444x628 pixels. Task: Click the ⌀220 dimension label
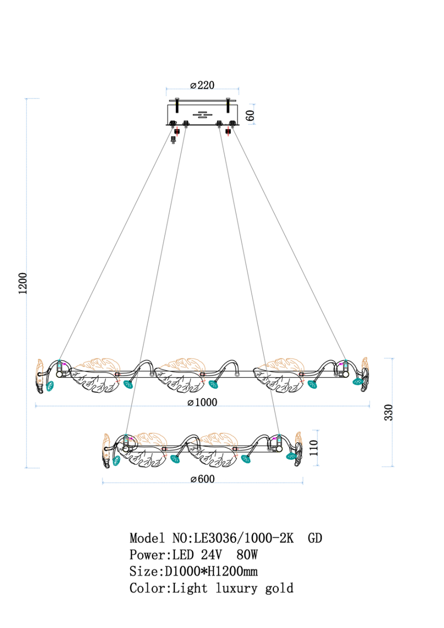(202, 85)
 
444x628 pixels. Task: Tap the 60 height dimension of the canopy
(250, 115)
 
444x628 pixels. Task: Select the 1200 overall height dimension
(23, 283)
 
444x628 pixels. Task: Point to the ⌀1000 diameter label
(202, 402)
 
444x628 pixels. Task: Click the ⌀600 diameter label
(202, 479)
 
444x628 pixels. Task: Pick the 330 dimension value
(388, 413)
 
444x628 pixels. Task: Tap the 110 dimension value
(314, 448)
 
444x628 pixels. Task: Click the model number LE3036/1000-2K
(244, 538)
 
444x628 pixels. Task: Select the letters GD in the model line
(315, 538)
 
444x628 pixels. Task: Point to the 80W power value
(247, 555)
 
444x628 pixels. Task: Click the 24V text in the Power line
(212, 555)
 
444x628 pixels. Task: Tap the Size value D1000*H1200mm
(211, 571)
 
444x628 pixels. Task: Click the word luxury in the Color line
(236, 588)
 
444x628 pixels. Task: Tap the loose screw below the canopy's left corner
(173, 140)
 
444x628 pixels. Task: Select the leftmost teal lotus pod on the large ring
(50, 386)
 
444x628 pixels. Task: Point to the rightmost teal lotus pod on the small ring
(291, 456)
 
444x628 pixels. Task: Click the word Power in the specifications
(148, 555)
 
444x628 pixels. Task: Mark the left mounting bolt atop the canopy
(177, 105)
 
